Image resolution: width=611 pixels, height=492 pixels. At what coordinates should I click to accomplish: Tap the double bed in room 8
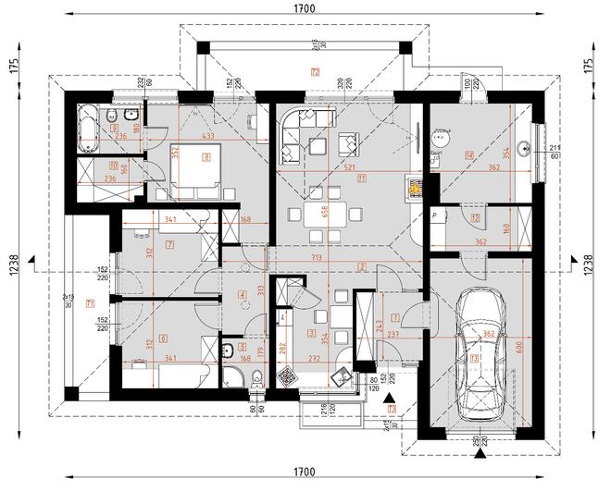point(198,170)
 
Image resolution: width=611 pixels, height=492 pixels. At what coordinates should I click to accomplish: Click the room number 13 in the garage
point(475,358)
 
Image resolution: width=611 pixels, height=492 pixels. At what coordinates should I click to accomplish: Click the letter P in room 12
point(434,214)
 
